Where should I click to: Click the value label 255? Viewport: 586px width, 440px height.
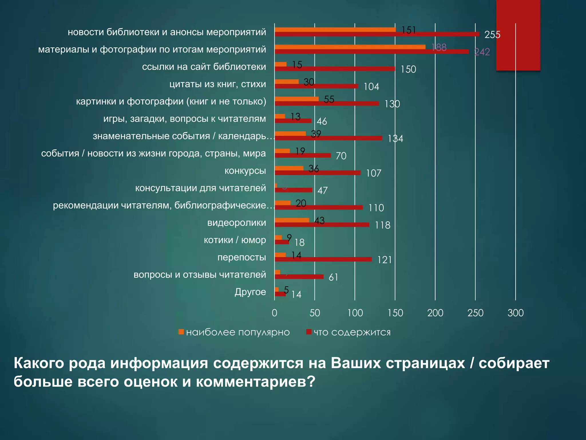pos(492,35)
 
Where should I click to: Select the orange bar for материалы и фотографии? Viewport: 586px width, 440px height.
pos(350,47)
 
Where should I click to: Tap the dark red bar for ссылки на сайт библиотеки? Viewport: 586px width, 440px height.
pos(335,69)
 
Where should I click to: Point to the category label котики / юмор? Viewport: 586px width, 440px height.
pos(235,240)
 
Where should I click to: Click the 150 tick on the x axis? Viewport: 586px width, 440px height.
pos(395,313)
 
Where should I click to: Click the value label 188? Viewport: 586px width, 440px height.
pos(439,47)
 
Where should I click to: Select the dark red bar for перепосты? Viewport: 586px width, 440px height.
pos(323,259)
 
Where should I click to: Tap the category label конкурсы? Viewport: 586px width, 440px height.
pos(245,171)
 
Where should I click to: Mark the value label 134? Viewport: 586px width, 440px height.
pos(395,139)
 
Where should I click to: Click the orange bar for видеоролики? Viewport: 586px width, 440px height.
pos(292,220)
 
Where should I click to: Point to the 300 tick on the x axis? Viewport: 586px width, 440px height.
pos(516,313)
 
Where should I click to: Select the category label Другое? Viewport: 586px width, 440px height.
pos(250,292)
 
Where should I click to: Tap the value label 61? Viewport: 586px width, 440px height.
pos(333,277)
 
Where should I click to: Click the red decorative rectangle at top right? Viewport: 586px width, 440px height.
pos(518,34)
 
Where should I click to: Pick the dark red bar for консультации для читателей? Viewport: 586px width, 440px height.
pos(293,190)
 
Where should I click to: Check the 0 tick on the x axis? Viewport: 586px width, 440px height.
pos(274,313)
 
